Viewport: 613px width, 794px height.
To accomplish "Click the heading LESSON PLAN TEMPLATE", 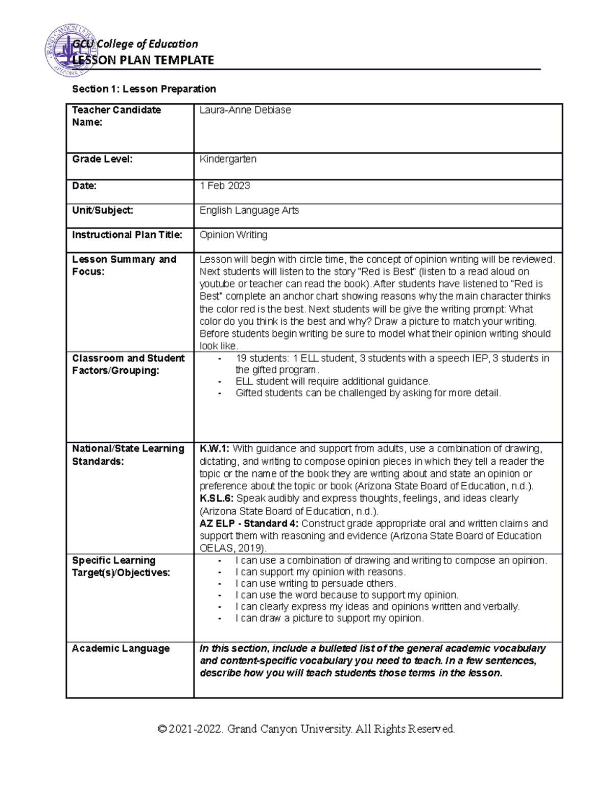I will coord(143,60).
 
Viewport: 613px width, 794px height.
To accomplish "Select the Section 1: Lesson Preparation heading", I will coord(144,89).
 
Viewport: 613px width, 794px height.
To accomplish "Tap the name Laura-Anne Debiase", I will coord(245,110).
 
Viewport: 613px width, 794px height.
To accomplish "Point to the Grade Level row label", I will coord(102,159).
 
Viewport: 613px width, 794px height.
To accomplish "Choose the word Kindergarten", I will coord(228,159).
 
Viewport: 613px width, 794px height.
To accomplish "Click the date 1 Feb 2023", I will coord(225,186).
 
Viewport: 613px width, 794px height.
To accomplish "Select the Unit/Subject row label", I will coord(103,210).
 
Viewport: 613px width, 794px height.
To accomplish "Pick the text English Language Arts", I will coord(249,210).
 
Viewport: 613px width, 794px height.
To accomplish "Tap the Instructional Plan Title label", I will coord(127,235).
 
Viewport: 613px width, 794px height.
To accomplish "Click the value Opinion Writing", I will coord(233,235).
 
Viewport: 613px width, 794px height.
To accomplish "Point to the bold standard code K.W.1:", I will coord(215,449).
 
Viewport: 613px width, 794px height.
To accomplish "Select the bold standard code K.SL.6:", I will coord(217,498).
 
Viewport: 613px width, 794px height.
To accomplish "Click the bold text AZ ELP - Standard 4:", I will coord(250,524).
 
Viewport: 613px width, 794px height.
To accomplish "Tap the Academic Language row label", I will coord(121,648).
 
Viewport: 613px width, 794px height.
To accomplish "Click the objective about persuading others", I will coord(316,583).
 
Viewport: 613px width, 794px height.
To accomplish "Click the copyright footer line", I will coord(306,729).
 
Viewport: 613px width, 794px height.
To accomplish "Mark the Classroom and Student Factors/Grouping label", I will coord(128,364).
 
